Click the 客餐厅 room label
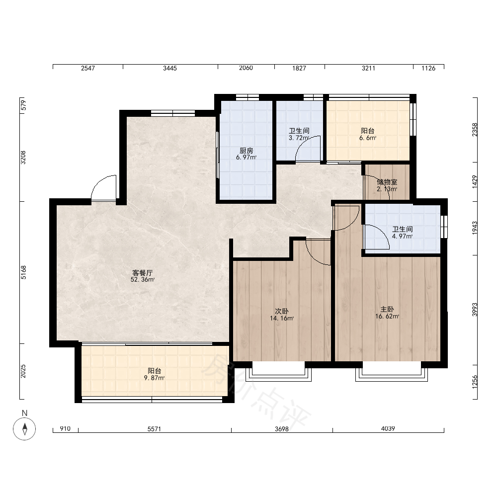(142, 272)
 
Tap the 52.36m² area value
(142, 279)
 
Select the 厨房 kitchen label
(247, 151)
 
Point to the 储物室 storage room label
(387, 182)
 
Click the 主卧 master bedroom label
(387, 309)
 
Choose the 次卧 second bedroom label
(281, 311)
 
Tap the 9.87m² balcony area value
(154, 378)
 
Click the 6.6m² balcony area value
(368, 138)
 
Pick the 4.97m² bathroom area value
(402, 236)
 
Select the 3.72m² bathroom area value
(299, 138)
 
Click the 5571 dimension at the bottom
(155, 429)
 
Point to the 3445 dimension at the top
(170, 68)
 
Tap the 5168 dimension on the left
(23, 272)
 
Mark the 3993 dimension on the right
(475, 309)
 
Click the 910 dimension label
(65, 429)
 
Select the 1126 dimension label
(428, 68)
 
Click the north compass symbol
(24, 429)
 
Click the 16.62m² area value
(387, 316)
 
